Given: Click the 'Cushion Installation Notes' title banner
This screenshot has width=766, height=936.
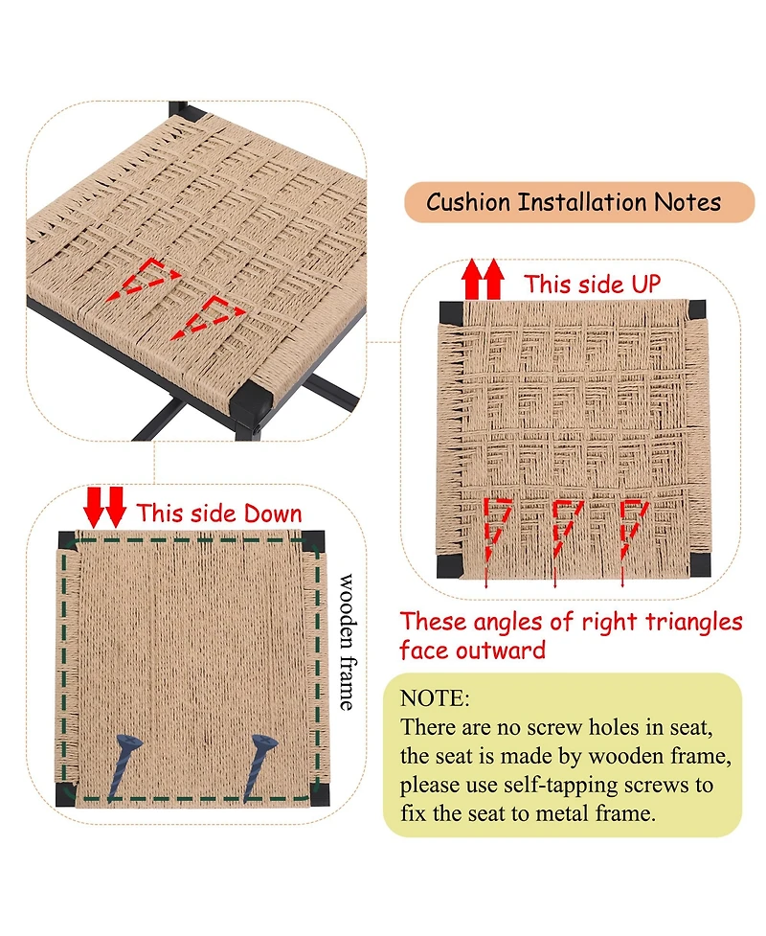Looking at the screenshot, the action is [x=579, y=202].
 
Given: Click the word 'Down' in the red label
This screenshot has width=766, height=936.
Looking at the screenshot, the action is [x=273, y=514].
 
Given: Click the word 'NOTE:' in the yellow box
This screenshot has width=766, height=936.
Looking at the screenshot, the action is [x=435, y=698].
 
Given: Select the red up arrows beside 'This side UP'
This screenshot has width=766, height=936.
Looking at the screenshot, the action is [x=484, y=279].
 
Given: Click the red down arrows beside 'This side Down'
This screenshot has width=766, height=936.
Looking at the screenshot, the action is [x=105, y=508].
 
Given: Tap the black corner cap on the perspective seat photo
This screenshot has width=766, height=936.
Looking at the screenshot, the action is [x=250, y=402].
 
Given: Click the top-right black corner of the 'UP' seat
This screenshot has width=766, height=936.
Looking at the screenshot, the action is [x=696, y=309].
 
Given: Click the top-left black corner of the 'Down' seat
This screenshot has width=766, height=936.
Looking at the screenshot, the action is [x=67, y=541].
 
